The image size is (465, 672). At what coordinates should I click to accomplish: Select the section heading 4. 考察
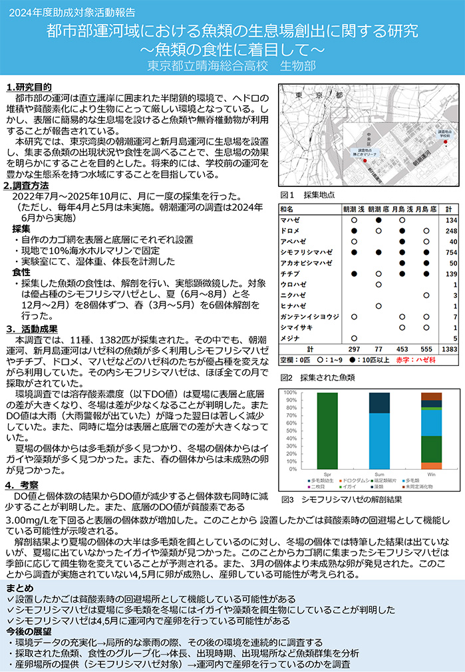pos(25,484)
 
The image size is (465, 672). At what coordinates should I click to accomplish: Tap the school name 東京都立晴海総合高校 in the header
pos(207,66)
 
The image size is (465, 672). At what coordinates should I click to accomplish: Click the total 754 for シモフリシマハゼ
pos(450,252)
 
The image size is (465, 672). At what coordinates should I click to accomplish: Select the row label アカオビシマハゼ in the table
pos(306,263)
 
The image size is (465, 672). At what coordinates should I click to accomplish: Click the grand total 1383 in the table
pos(450,349)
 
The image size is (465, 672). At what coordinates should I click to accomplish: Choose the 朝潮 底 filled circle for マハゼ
pos(379,220)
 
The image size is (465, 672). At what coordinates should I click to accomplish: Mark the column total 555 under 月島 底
pos(426,349)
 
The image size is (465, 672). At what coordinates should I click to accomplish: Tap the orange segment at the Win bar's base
pos(430,466)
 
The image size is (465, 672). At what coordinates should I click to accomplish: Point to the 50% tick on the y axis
pos(289,431)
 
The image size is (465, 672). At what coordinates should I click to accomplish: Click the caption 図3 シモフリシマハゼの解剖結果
pos(333,499)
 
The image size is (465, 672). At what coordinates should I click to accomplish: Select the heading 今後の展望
pos(30,630)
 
